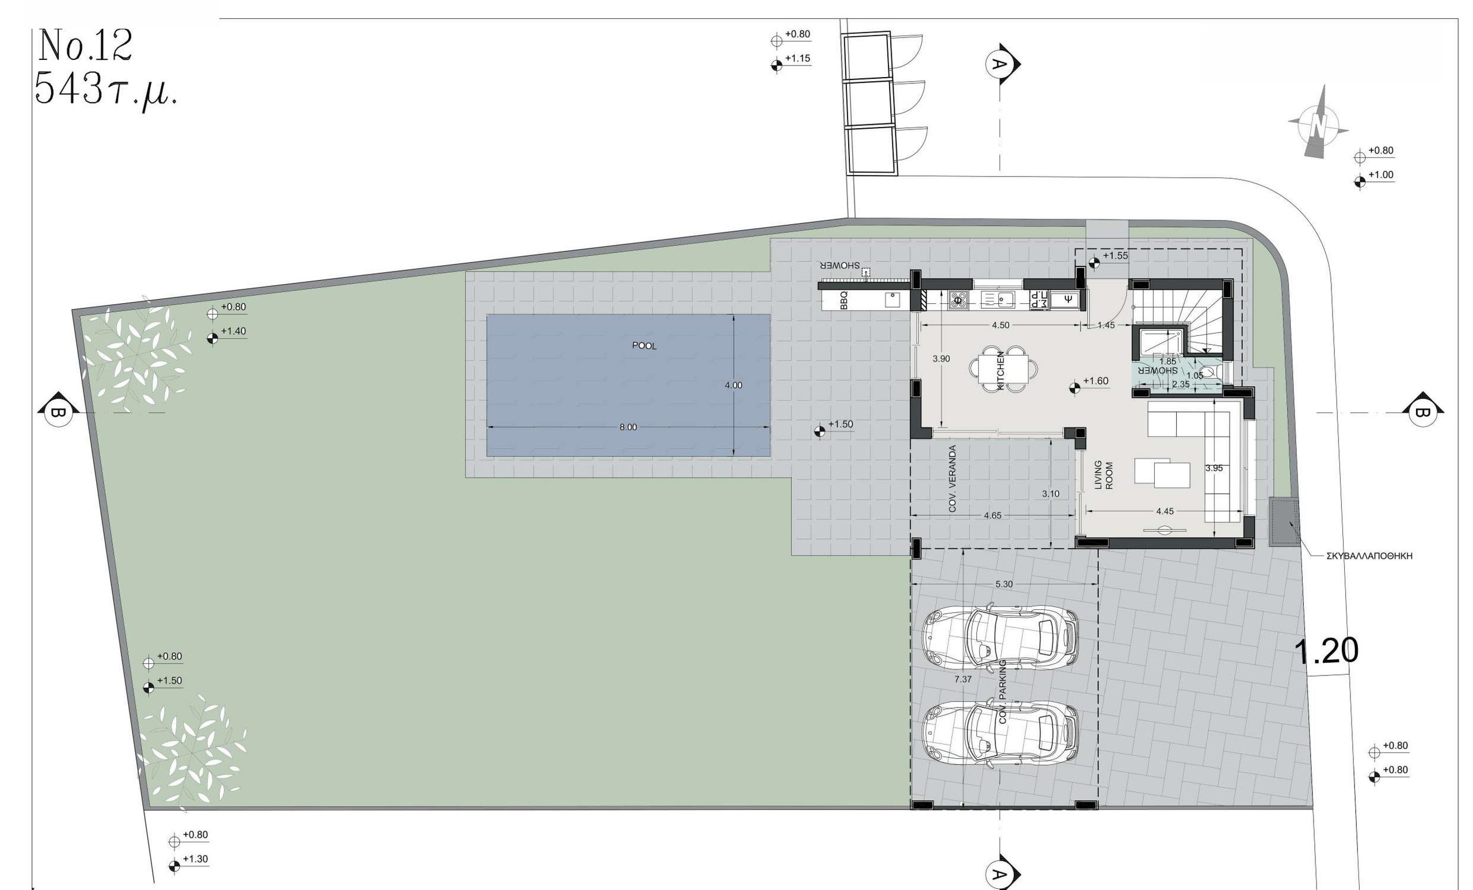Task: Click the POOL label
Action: point(644,346)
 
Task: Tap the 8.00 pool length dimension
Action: point(628,427)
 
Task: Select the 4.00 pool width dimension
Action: point(734,385)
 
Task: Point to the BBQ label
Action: point(844,300)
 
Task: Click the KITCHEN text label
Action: point(1001,370)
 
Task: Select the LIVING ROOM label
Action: point(1104,475)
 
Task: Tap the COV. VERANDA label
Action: point(952,478)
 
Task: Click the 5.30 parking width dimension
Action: point(1003,584)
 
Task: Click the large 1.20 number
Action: point(1326,651)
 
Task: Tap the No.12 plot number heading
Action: point(85,45)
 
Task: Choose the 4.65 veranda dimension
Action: point(993,515)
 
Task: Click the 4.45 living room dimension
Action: point(1165,511)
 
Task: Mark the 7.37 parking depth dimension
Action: point(963,679)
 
